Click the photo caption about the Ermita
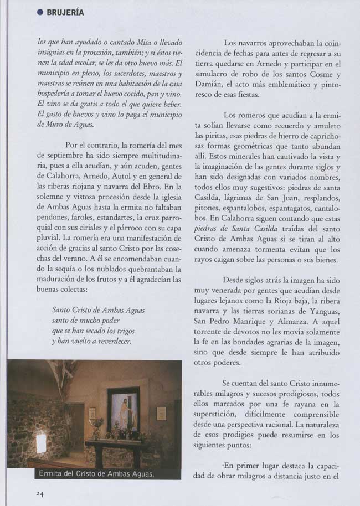(96, 474)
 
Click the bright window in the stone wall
(40, 443)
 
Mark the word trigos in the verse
(124, 331)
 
